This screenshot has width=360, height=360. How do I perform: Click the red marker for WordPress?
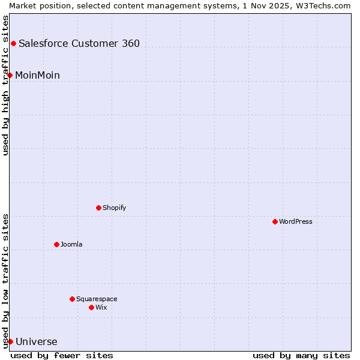[x=275, y=221]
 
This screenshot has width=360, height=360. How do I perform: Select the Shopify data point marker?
[x=98, y=208]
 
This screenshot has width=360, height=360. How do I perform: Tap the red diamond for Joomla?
[x=56, y=244]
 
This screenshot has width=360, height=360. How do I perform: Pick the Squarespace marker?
[x=72, y=299]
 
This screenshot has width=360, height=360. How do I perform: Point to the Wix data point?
[x=91, y=307]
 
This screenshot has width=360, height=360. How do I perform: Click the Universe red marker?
[x=10, y=341]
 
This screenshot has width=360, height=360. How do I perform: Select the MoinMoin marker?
[x=10, y=75]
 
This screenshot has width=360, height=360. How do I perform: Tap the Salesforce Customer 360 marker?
[x=13, y=43]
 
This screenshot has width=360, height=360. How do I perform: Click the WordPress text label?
[x=296, y=221]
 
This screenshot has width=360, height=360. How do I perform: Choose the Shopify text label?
[x=114, y=208]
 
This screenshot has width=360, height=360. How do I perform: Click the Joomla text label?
[x=71, y=244]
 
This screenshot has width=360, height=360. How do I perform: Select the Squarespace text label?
[x=97, y=299]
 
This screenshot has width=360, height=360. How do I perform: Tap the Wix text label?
[x=101, y=307]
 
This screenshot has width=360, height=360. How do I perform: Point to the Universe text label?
[x=37, y=342]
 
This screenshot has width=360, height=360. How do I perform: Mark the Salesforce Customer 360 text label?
[x=79, y=43]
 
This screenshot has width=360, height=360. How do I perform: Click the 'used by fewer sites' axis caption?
[x=62, y=355]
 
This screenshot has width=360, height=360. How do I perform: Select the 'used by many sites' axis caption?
[x=301, y=355]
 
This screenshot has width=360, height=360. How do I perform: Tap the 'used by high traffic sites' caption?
[x=5, y=85]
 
